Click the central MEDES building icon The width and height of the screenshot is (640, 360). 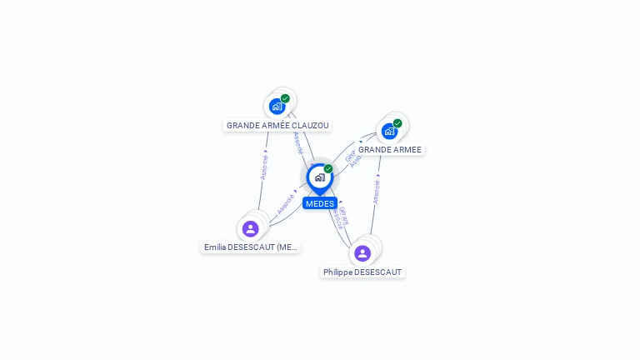[319, 177]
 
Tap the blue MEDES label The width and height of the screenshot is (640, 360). [320, 203]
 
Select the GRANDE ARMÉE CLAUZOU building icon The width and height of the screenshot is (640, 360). [277, 107]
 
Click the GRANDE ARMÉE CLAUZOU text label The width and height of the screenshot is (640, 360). [277, 126]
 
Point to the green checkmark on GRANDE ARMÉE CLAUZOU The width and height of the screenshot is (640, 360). [285, 98]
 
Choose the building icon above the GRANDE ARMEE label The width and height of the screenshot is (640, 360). [389, 131]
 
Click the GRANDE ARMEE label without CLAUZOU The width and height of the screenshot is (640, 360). [390, 150]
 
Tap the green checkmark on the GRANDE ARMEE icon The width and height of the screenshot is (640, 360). [397, 123]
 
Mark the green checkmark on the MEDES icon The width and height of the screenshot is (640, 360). [328, 169]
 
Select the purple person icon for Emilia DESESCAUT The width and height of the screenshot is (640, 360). [250, 228]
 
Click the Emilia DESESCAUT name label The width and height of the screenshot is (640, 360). [250, 247]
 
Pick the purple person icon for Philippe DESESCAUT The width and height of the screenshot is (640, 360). [362, 252]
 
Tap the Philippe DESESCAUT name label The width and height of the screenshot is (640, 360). [362, 272]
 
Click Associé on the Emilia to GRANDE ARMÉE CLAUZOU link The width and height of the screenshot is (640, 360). [264, 167]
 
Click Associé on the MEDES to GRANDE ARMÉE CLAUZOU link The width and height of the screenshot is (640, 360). [297, 143]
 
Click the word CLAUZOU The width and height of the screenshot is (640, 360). [310, 126]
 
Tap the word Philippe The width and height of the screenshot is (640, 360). [337, 272]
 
